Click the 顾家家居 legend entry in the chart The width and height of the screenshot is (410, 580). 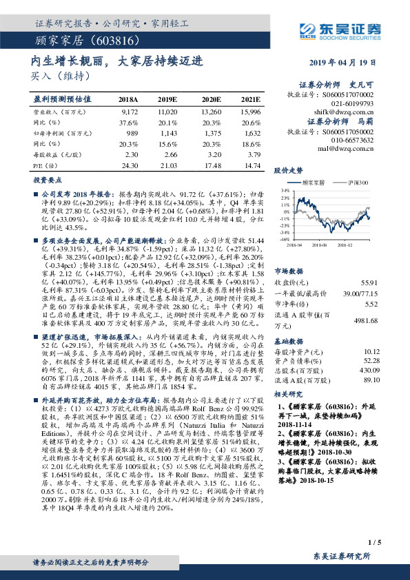click(x=310, y=183)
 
